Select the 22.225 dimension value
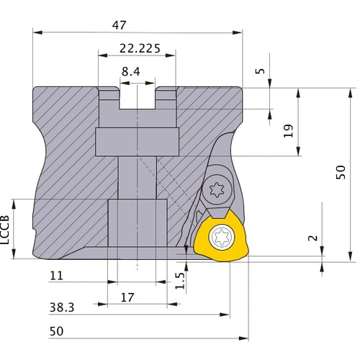pyautogui.click(x=138, y=50)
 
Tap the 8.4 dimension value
pyautogui.click(x=131, y=71)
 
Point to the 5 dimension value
pyautogui.click(x=260, y=74)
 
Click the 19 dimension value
pyautogui.click(x=288, y=130)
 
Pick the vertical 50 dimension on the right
pyautogui.click(x=341, y=171)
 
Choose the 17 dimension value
pyautogui.click(x=128, y=296)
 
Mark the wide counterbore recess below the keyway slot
pyautogui.click(x=136, y=139)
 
